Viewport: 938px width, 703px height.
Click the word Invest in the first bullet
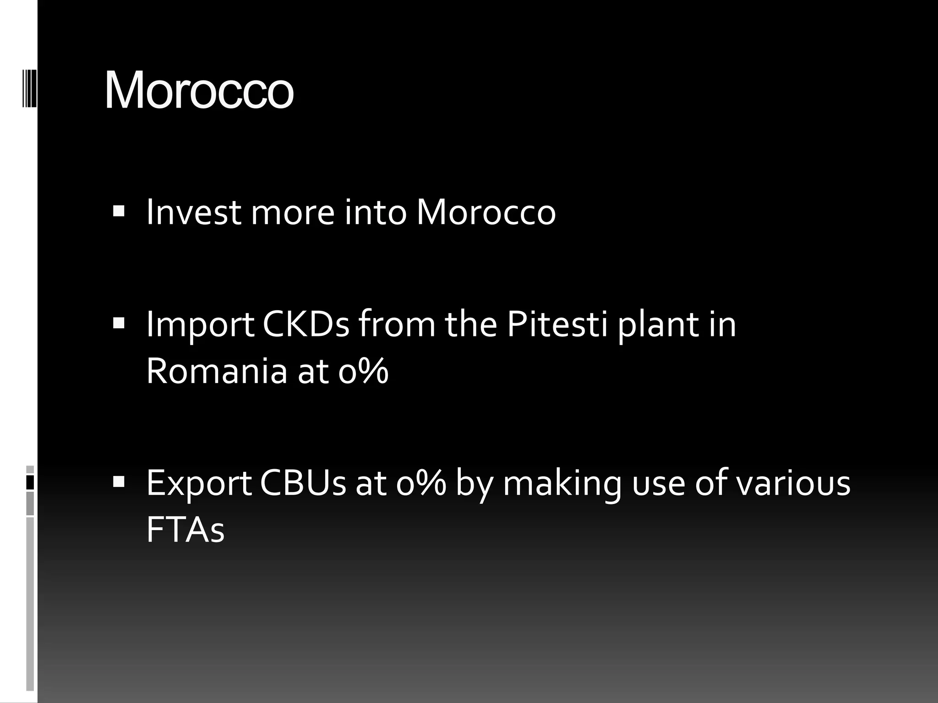(193, 212)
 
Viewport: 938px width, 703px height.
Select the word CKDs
(306, 324)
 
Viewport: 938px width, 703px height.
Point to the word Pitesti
(557, 324)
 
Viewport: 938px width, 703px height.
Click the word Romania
(217, 371)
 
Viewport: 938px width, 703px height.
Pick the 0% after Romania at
(364, 371)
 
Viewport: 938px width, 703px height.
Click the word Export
(199, 483)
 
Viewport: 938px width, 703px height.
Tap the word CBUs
(303, 483)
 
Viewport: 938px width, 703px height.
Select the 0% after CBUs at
(421, 483)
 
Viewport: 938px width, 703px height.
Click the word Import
(200, 324)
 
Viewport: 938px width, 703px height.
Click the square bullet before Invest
(119, 211)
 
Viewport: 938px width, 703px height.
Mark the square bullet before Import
(119, 324)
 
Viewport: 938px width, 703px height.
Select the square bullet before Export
(119, 481)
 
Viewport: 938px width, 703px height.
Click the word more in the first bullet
(293, 212)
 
